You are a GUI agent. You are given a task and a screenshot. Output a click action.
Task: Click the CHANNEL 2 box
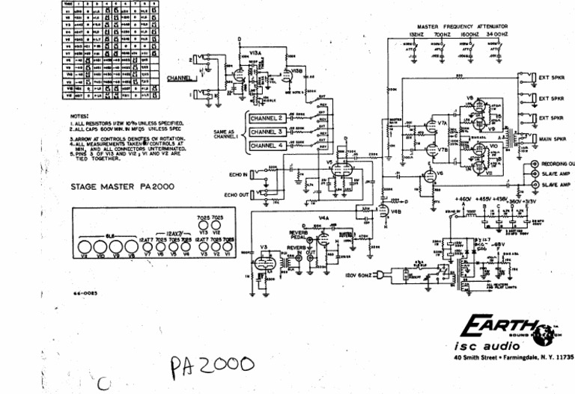pos(267,118)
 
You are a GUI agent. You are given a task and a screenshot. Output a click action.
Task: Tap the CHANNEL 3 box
pos(267,132)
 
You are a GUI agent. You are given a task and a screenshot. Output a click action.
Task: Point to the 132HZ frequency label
pos(417,35)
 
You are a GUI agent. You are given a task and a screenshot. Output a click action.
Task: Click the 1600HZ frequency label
pos(469,35)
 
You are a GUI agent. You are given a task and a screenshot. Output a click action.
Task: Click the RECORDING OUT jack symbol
pos(534,163)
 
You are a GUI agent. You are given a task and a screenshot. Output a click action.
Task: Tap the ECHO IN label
pos(243,175)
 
